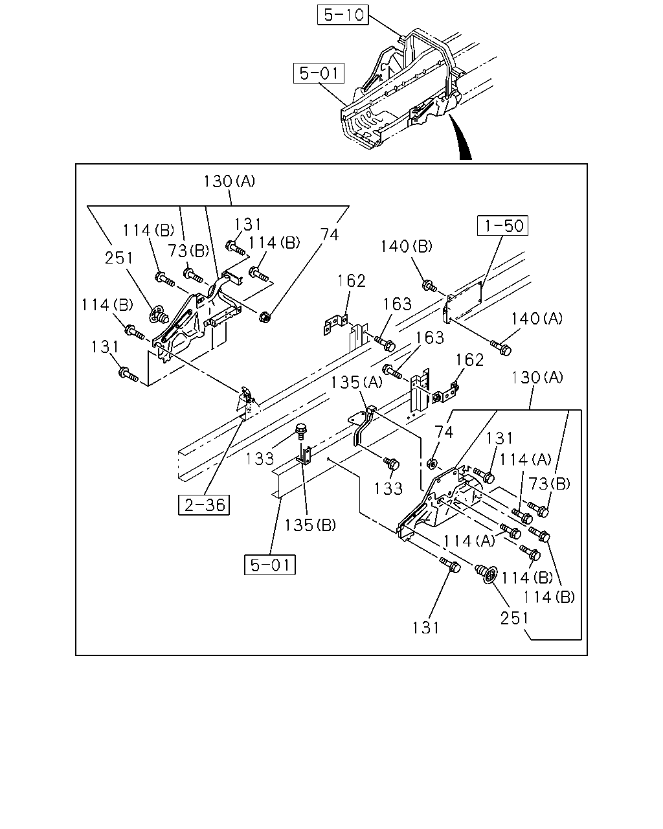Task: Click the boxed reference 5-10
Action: pos(343,15)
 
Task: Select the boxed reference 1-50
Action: pos(502,225)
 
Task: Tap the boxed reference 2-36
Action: pos(204,505)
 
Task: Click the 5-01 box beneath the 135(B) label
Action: pos(270,565)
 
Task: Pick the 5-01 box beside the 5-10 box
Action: pos(319,73)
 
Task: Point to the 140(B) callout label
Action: pos(407,246)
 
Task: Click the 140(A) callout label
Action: pos(537,319)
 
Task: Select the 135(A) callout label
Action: pos(357,382)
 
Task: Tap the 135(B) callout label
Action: pos(310,525)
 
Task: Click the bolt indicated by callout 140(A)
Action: pos(501,347)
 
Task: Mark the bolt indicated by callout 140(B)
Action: pos(429,286)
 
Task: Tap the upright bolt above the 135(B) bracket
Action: pos(301,431)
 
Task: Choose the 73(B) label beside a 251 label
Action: pos(188,251)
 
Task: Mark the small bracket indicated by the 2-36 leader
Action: pos(247,403)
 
